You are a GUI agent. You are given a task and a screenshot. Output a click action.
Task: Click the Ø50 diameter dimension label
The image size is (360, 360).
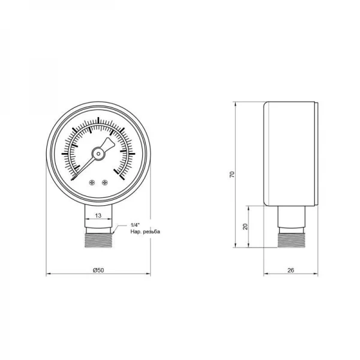[x=98, y=270]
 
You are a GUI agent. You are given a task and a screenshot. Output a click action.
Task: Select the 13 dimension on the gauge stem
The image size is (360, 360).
[x=98, y=215]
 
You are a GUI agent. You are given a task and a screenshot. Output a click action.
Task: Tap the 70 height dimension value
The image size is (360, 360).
[x=232, y=175]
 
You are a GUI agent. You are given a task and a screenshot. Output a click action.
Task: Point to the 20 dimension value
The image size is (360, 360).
[x=245, y=227]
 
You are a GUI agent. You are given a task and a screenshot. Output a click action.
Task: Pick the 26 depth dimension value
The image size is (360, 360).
[x=290, y=270]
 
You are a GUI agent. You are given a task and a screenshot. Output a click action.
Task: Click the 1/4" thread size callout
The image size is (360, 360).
[x=135, y=225]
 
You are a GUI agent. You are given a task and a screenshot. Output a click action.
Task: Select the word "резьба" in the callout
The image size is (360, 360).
[x=151, y=232]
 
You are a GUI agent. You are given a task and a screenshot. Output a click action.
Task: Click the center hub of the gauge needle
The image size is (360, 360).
[x=98, y=154]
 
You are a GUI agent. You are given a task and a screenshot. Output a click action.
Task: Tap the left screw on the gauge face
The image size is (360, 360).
[x=92, y=182]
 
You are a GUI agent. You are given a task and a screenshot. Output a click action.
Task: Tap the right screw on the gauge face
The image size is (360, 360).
[x=105, y=182]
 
